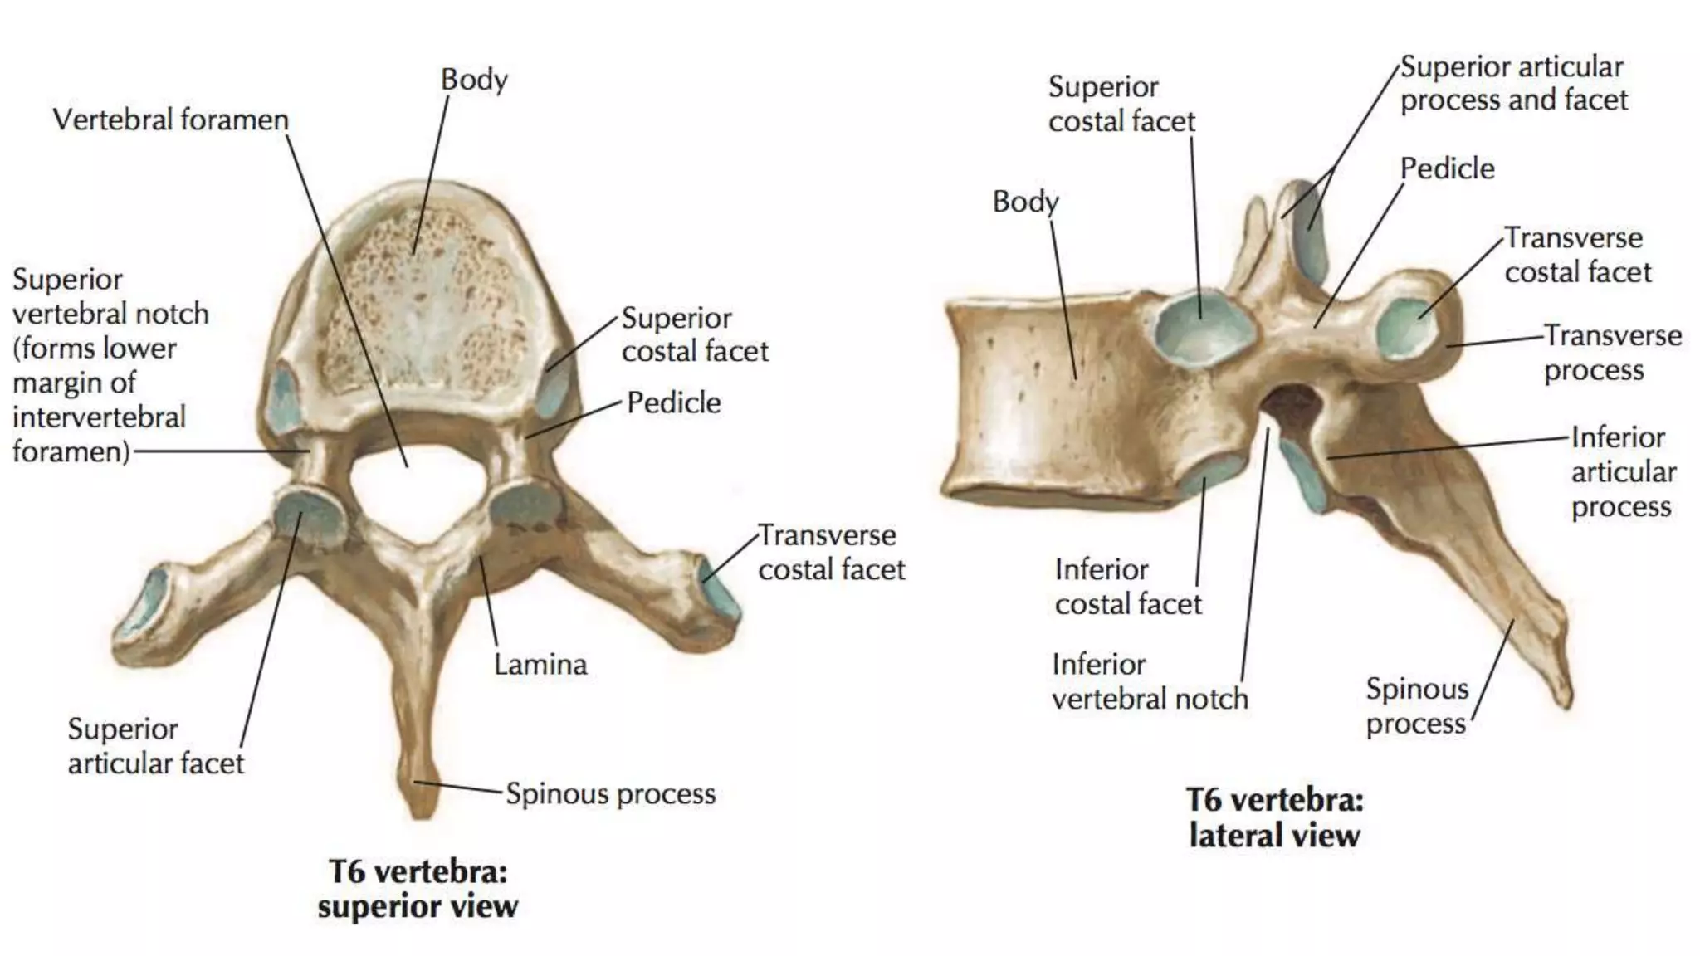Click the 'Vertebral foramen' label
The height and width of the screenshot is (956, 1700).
(x=170, y=120)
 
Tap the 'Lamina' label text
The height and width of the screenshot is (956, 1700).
(x=540, y=664)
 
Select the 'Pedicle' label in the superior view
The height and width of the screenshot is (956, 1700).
(x=673, y=402)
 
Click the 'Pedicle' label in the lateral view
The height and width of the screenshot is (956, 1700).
(x=1447, y=168)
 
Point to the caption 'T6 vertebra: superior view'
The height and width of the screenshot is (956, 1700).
(x=418, y=889)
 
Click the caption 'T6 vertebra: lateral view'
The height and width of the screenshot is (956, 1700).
(x=1274, y=817)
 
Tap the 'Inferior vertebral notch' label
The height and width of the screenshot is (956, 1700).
(x=1150, y=681)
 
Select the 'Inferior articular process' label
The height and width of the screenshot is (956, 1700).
(x=1623, y=471)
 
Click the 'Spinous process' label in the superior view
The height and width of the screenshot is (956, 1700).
(x=610, y=794)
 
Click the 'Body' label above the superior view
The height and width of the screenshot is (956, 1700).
(x=474, y=80)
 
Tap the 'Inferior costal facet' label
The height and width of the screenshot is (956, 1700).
(x=1128, y=587)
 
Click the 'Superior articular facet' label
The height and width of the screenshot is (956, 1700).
(x=156, y=746)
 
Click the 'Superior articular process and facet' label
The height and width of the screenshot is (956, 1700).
(x=1513, y=83)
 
